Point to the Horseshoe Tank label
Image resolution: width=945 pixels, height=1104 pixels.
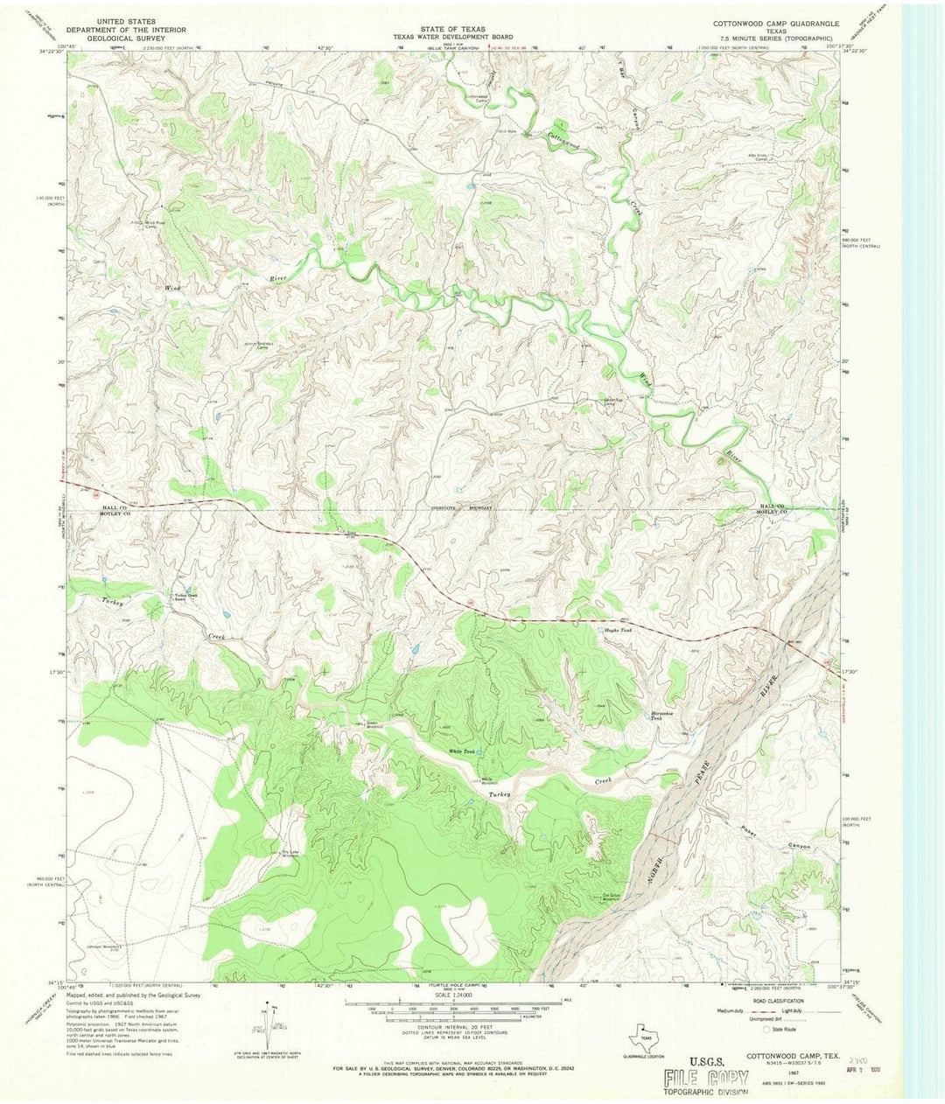click(662, 715)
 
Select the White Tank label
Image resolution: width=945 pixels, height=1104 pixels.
click(460, 751)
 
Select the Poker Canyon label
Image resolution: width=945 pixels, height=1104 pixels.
click(773, 840)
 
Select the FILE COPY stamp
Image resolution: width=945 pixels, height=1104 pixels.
click(705, 1078)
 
